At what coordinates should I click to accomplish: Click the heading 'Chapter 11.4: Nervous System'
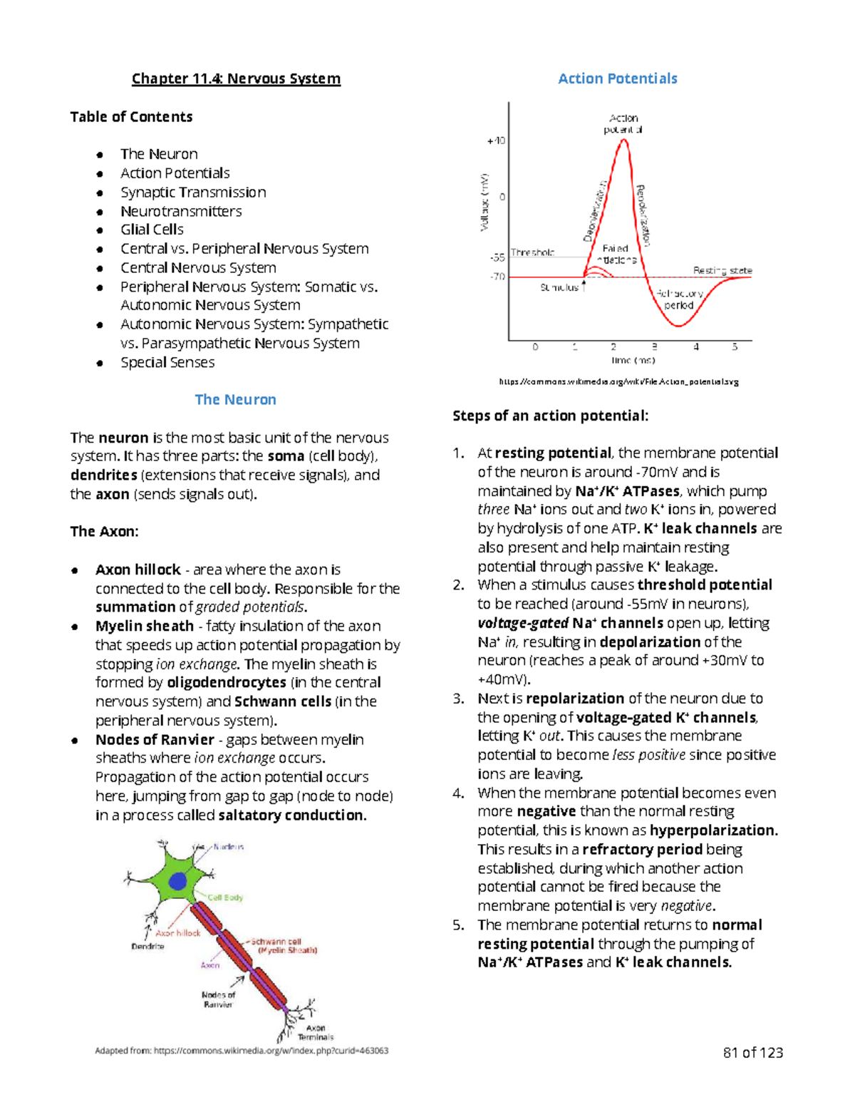click(236, 78)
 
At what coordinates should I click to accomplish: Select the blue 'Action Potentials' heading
click(617, 78)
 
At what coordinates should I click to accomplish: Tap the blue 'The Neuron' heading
click(235, 399)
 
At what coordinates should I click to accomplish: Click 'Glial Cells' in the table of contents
click(152, 230)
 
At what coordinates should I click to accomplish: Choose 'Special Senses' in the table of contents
click(167, 362)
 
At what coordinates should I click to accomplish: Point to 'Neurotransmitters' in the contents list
click(181, 211)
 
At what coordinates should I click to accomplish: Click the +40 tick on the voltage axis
click(496, 140)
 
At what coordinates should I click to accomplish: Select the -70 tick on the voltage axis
click(497, 277)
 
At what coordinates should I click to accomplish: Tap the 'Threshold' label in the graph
click(532, 252)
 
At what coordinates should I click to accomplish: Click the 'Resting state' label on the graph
click(722, 270)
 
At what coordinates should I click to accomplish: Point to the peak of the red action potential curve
click(624, 140)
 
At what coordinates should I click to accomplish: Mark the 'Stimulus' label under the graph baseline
click(559, 287)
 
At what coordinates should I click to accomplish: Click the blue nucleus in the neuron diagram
click(177, 881)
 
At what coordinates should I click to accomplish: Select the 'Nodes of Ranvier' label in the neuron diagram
click(218, 999)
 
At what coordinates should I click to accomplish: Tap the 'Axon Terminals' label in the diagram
click(316, 1032)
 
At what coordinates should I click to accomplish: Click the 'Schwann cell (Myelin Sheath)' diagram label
click(284, 946)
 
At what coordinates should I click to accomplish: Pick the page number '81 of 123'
click(752, 1053)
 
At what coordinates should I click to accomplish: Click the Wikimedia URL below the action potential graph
click(618, 381)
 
